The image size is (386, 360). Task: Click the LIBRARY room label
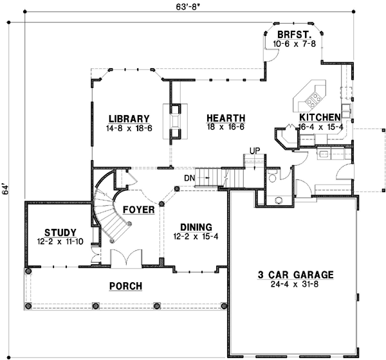129,118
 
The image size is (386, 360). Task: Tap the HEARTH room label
225,118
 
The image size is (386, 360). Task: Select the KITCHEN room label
320,118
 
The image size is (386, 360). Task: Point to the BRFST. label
291,34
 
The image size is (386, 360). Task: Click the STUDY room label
60,232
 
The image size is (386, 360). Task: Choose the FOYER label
138,210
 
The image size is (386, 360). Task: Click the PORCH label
125,285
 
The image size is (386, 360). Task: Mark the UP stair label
255,150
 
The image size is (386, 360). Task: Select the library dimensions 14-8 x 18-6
129,128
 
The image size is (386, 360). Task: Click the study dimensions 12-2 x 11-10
60,242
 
